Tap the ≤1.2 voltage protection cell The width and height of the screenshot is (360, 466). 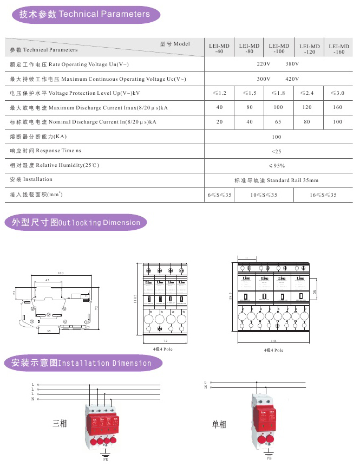tap(219, 93)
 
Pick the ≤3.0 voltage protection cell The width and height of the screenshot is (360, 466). tap(338, 93)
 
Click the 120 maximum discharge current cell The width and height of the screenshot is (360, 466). tap(307, 107)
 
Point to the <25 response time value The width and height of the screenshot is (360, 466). tap(277, 151)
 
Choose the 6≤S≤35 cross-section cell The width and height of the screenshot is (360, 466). tap(219, 195)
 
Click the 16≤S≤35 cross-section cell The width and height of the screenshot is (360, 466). tap(323, 195)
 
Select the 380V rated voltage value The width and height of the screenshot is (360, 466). tap(292, 64)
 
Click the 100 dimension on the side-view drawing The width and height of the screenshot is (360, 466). tap(61, 273)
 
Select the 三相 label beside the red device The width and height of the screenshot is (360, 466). tap(60, 423)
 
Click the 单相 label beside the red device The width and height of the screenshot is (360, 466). tap(219, 424)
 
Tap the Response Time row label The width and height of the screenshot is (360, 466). tap(45, 151)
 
